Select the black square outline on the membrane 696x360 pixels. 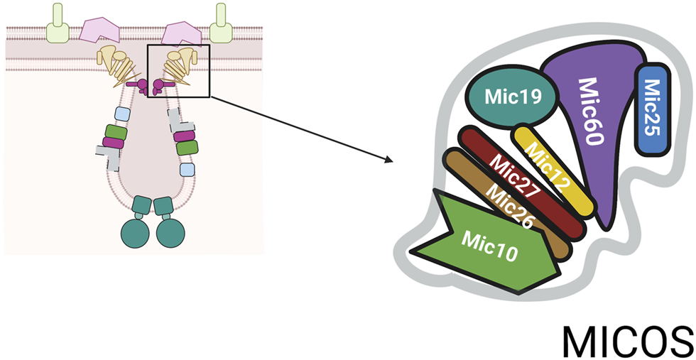coord(178,70)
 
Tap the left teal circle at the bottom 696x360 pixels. coord(136,233)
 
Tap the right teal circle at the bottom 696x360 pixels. coord(170,233)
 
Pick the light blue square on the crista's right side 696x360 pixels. coord(187,169)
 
